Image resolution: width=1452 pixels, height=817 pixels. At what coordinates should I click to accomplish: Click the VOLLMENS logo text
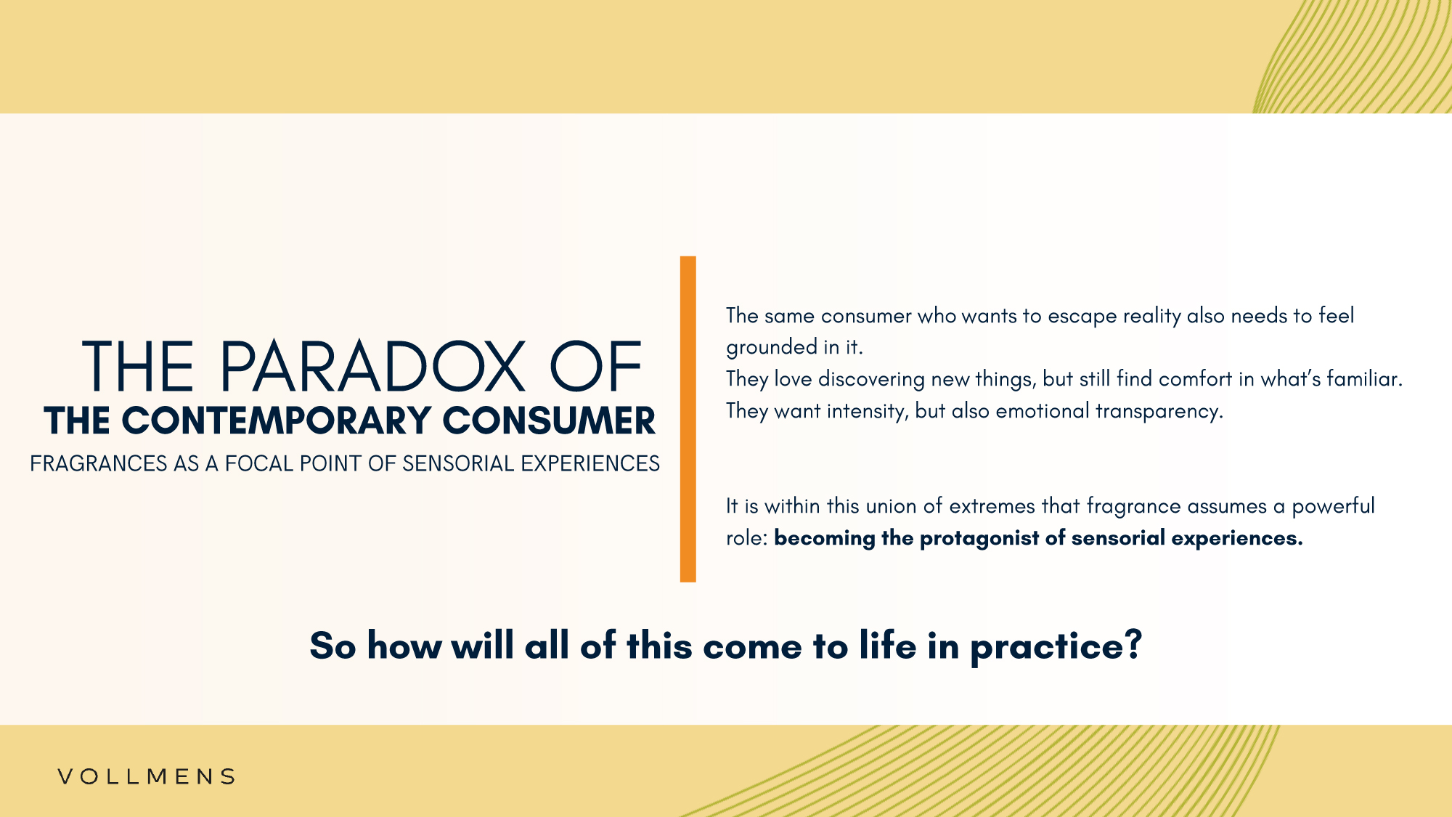147,776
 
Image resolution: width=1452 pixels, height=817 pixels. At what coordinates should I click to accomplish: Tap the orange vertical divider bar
688,419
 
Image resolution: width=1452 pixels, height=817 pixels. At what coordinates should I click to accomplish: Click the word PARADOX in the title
372,367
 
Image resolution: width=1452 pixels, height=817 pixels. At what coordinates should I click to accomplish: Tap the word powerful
1333,507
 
